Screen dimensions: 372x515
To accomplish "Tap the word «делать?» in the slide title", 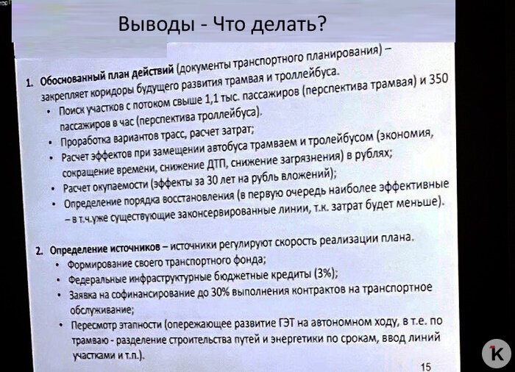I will (x=287, y=26).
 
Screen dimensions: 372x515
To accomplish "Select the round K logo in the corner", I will (x=496, y=351).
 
